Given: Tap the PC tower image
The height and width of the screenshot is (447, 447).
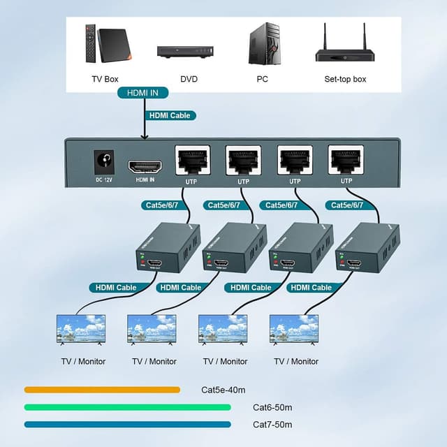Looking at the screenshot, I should (263, 44).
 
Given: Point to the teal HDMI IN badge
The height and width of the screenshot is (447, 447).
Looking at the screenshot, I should (142, 93).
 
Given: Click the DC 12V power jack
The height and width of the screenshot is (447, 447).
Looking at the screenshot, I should (103, 163).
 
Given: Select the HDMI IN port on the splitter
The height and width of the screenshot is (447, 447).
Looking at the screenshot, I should (145, 166).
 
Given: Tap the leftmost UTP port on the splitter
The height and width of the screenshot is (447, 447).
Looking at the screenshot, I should (191, 161).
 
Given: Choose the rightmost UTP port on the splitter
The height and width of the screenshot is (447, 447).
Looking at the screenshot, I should (346, 161).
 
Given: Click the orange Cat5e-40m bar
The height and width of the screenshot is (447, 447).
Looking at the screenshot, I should (102, 390).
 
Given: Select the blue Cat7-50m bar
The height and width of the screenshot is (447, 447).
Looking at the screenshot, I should (127, 424).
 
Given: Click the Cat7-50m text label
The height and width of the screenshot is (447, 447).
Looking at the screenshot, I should (272, 425).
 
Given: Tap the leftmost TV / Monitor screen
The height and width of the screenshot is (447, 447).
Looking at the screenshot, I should (81, 329).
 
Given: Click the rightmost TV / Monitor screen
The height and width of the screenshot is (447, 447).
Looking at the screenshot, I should (294, 329).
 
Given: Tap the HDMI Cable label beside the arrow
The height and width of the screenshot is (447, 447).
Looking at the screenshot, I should (170, 115).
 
